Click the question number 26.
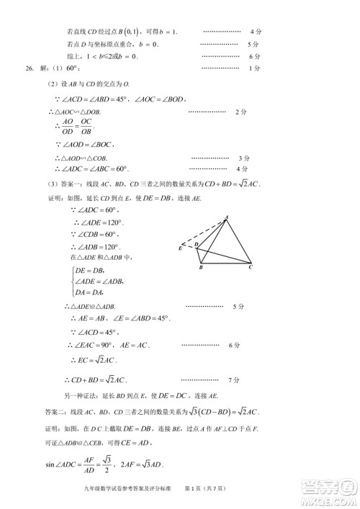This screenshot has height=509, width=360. (x=30, y=68)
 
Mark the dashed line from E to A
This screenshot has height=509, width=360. (x=203, y=232)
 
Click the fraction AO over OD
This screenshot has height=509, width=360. (x=67, y=127)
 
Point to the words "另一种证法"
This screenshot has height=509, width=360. (x=79, y=395)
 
